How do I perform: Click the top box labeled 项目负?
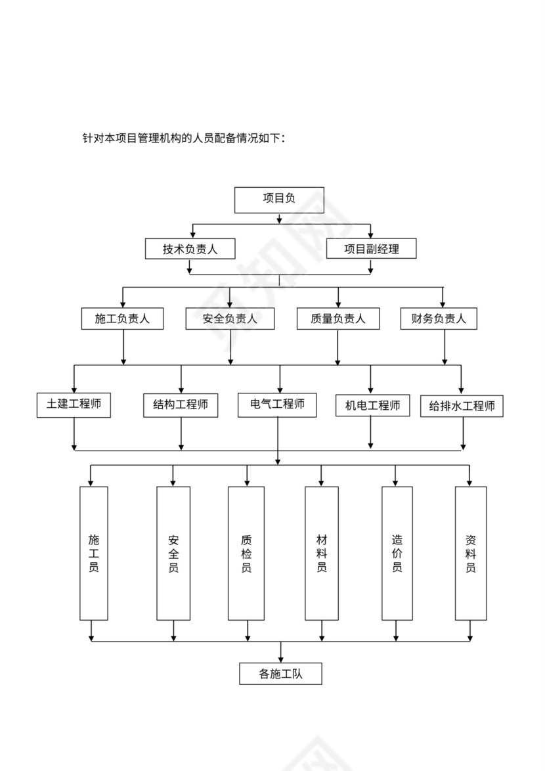(x=279, y=200)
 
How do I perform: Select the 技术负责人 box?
(x=190, y=249)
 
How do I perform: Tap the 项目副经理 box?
(x=371, y=249)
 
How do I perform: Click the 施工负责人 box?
(x=122, y=319)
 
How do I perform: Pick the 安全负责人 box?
(x=229, y=319)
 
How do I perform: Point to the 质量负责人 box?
(x=338, y=319)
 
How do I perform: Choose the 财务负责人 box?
(x=439, y=319)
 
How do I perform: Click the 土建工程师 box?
(x=74, y=405)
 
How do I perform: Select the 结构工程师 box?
(x=181, y=405)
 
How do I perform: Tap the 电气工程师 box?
(x=277, y=405)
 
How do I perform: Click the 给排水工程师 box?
(x=462, y=406)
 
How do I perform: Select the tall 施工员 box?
(x=94, y=553)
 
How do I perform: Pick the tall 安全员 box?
(x=173, y=553)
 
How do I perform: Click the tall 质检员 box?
(x=246, y=553)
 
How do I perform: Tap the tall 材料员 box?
(x=322, y=553)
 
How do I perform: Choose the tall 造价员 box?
(x=397, y=553)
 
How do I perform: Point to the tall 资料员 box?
(x=470, y=553)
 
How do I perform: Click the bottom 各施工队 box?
(x=280, y=673)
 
